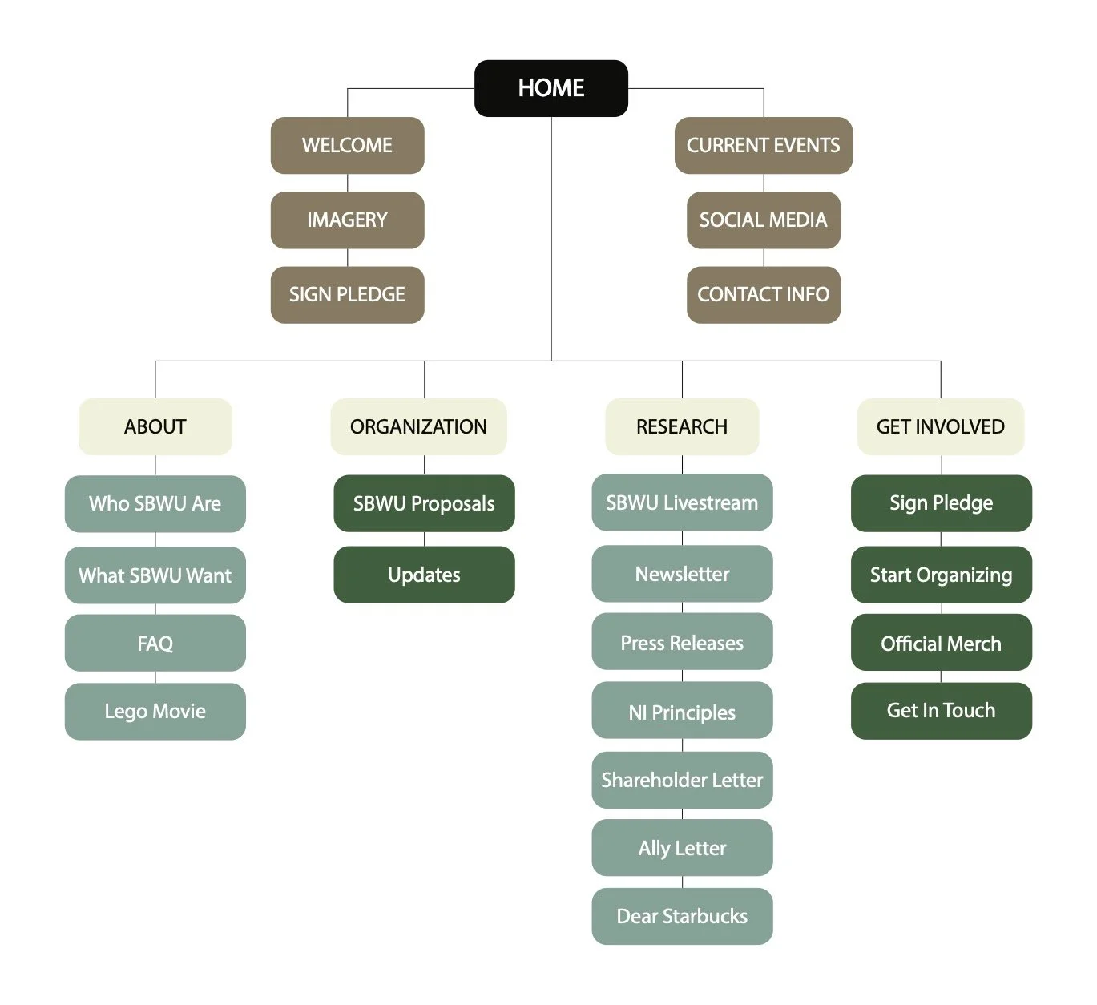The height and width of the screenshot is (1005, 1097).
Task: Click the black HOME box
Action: click(551, 88)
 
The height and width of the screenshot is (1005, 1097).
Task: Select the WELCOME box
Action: click(347, 145)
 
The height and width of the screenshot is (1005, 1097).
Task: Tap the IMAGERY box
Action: click(347, 220)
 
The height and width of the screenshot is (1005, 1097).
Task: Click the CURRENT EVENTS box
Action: click(763, 145)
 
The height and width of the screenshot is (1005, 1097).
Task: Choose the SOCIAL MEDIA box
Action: click(763, 220)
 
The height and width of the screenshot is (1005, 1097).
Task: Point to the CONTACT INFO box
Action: click(763, 294)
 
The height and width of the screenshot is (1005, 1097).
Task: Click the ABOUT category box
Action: click(155, 426)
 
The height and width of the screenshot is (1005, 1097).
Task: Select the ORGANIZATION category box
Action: click(418, 426)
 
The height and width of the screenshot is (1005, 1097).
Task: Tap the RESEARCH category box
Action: click(682, 426)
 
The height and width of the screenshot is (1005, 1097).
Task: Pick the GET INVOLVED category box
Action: click(940, 426)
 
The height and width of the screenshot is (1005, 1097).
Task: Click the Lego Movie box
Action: click(155, 711)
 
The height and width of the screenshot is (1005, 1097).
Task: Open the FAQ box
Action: click(155, 643)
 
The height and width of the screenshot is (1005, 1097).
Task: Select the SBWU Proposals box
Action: click(424, 503)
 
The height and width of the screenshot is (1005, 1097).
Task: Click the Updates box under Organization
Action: click(424, 575)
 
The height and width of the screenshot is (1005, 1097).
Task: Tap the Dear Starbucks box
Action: click(682, 916)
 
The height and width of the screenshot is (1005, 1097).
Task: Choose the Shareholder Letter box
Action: click(682, 780)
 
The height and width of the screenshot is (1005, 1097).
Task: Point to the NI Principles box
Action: click(682, 712)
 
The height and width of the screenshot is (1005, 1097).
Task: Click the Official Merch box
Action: click(941, 643)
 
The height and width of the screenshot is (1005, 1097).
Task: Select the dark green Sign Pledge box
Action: click(941, 502)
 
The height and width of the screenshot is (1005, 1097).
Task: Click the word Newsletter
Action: click(682, 574)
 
